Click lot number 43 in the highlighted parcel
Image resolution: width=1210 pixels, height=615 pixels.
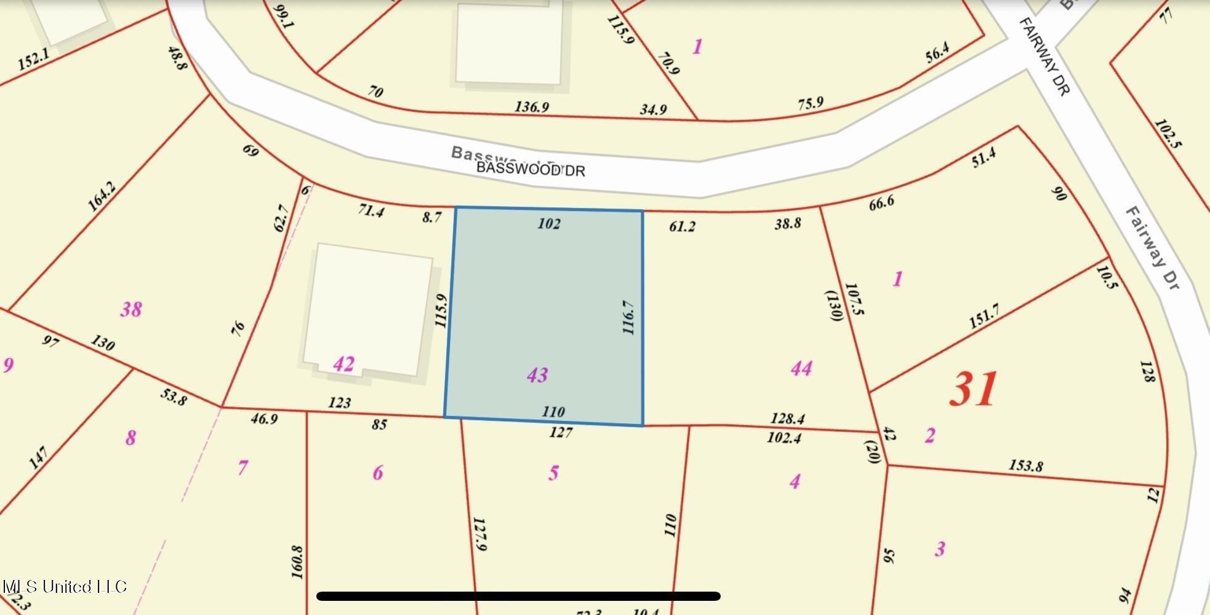tap(537, 375)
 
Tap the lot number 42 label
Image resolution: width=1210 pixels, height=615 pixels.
tap(343, 363)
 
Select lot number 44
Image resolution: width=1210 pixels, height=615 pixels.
tap(801, 368)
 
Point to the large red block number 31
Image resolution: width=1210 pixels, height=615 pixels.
tap(973, 389)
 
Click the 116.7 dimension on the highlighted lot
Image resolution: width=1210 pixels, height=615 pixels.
tap(628, 317)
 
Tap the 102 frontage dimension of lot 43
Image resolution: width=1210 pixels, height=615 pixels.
tap(548, 223)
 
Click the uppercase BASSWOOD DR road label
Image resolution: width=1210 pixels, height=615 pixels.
tap(531, 169)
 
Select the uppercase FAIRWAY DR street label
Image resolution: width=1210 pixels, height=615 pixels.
tap(1044, 56)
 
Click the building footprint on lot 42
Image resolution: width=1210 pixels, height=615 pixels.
tap(368, 311)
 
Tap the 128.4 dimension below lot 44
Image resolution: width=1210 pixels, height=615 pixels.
tap(788, 418)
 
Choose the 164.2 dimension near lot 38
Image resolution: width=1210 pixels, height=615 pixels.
tap(102, 196)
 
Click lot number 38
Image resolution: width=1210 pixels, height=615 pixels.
tap(130, 309)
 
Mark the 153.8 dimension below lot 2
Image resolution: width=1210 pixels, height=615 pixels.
tap(1025, 466)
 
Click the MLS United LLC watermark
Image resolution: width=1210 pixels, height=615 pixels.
tap(64, 586)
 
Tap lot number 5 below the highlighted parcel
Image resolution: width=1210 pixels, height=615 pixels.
tap(553, 473)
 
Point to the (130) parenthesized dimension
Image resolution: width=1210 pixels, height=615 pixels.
tap(834, 306)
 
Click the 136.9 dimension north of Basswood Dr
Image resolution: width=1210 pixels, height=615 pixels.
tap(532, 107)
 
